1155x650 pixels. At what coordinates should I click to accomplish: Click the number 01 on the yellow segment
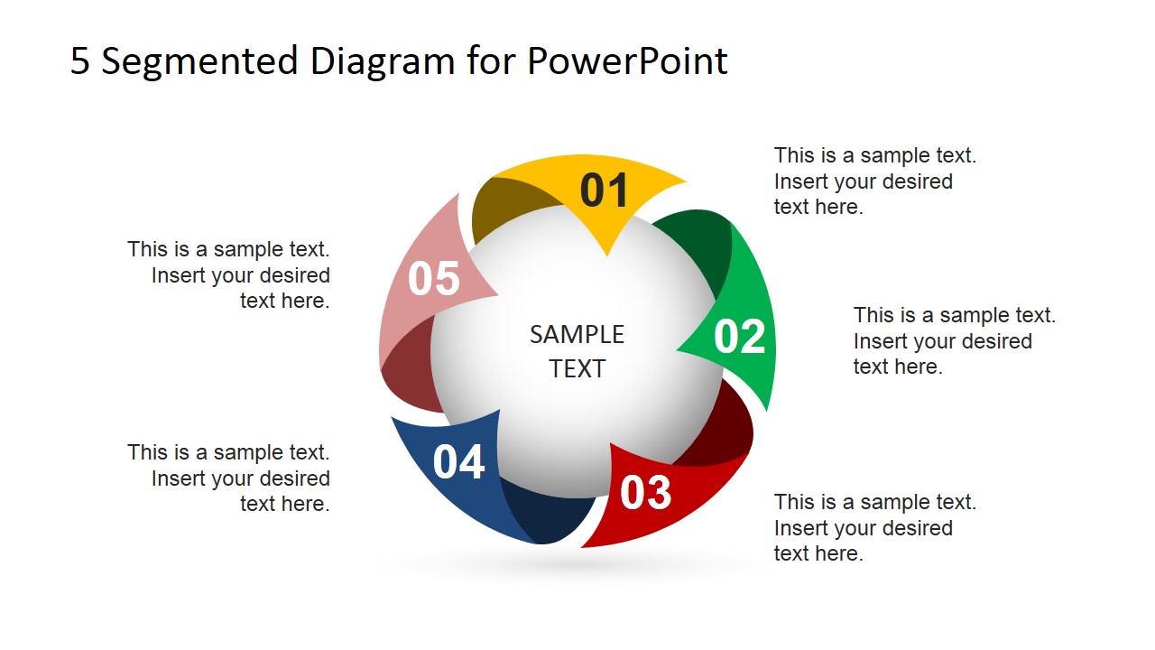point(604,190)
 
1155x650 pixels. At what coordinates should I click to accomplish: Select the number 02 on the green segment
point(739,337)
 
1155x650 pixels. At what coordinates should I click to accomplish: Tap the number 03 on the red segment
point(646,493)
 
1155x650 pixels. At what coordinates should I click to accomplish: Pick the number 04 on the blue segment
point(458,462)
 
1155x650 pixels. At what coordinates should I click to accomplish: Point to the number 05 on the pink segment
point(434,279)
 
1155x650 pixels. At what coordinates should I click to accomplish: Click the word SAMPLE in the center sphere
point(577,335)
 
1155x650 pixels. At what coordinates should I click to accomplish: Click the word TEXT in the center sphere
point(577,368)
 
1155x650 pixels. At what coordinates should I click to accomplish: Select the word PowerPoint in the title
point(627,61)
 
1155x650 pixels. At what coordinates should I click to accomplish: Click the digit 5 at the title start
point(80,61)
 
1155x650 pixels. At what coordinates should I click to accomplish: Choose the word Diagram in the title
point(383,61)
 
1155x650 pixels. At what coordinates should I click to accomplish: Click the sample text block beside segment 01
point(874,181)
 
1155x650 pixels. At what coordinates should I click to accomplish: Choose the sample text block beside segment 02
point(954,340)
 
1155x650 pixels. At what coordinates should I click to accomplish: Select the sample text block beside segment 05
point(229,274)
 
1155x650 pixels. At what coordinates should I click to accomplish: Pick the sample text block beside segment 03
point(874,527)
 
